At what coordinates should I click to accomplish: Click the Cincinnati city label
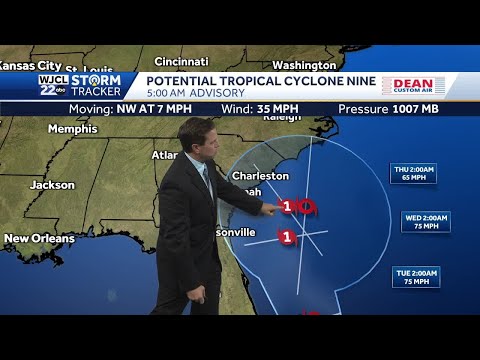[181, 60]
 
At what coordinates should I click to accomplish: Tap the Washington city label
[303, 65]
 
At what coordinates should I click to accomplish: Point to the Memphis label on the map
[72, 129]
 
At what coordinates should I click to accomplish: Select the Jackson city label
[52, 185]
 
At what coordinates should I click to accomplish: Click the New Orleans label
[39, 239]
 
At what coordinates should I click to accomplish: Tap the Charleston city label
[260, 176]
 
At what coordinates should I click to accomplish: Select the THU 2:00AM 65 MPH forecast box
[413, 174]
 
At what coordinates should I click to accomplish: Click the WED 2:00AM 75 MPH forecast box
[425, 221]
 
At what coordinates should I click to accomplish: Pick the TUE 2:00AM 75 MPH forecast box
[415, 276]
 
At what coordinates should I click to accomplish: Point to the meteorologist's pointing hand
[271, 208]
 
